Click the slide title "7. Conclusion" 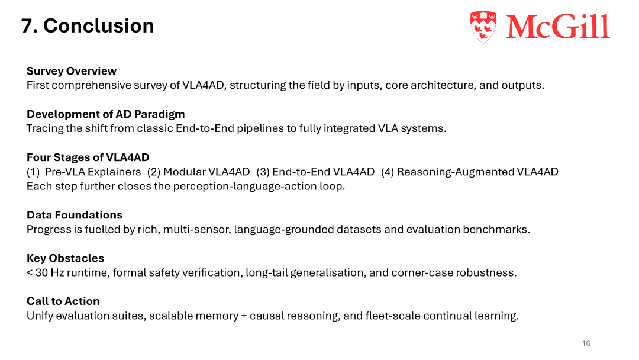pyautogui.click(x=88, y=25)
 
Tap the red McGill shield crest pyautogui.click(x=483, y=27)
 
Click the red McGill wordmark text pyautogui.click(x=558, y=27)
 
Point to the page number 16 pyautogui.click(x=586, y=343)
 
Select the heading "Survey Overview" pyautogui.click(x=72, y=71)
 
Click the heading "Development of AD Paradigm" pyautogui.click(x=105, y=114)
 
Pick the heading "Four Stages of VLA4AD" pyautogui.click(x=88, y=157)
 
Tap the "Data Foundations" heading pyautogui.click(x=75, y=215)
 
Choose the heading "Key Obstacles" pyautogui.click(x=65, y=258)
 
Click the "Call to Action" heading pyautogui.click(x=63, y=301)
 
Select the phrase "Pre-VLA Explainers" pyautogui.click(x=93, y=172)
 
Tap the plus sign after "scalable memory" pyautogui.click(x=244, y=316)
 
